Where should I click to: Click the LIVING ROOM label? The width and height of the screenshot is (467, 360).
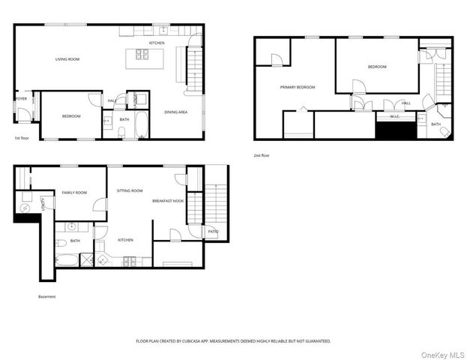click(x=67, y=59)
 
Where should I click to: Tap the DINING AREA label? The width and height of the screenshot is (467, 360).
click(x=175, y=112)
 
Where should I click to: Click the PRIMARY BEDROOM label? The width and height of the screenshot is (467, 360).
click(x=298, y=87)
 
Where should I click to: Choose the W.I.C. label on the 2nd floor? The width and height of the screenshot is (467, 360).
click(x=395, y=116)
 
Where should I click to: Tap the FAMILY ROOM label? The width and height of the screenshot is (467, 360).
click(x=73, y=193)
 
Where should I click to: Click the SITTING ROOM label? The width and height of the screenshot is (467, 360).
click(x=130, y=191)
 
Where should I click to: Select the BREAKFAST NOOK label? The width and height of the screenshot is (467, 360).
click(x=168, y=201)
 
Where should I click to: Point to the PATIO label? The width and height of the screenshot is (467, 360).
click(x=213, y=232)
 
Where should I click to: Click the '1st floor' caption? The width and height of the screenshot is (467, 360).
click(x=22, y=139)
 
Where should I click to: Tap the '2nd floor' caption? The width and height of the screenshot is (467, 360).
click(x=262, y=155)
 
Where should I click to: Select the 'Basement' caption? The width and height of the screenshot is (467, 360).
click(x=46, y=296)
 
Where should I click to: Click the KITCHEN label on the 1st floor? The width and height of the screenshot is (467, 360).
click(x=157, y=43)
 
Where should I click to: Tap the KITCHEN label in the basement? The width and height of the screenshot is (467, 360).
click(x=125, y=240)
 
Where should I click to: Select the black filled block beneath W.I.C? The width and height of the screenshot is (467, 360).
click(x=394, y=130)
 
